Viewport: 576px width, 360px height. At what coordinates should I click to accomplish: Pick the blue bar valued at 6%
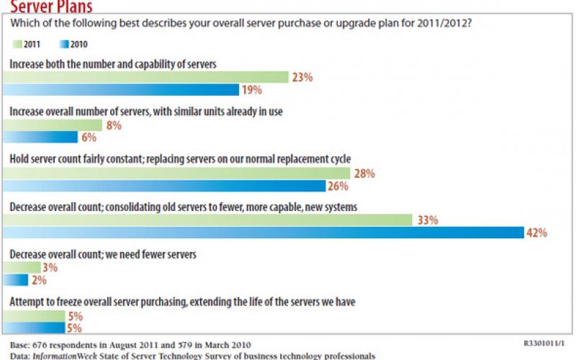click(40, 138)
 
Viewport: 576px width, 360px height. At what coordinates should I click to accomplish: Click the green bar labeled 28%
click(176, 174)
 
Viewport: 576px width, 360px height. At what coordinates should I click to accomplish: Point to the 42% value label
click(537, 233)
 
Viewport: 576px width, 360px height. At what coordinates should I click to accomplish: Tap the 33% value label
click(427, 220)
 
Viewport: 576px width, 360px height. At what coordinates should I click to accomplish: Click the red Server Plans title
click(50, 6)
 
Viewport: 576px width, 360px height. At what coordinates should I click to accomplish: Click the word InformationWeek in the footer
click(60, 356)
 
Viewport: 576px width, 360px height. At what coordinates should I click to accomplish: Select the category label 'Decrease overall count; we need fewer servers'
click(113, 254)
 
